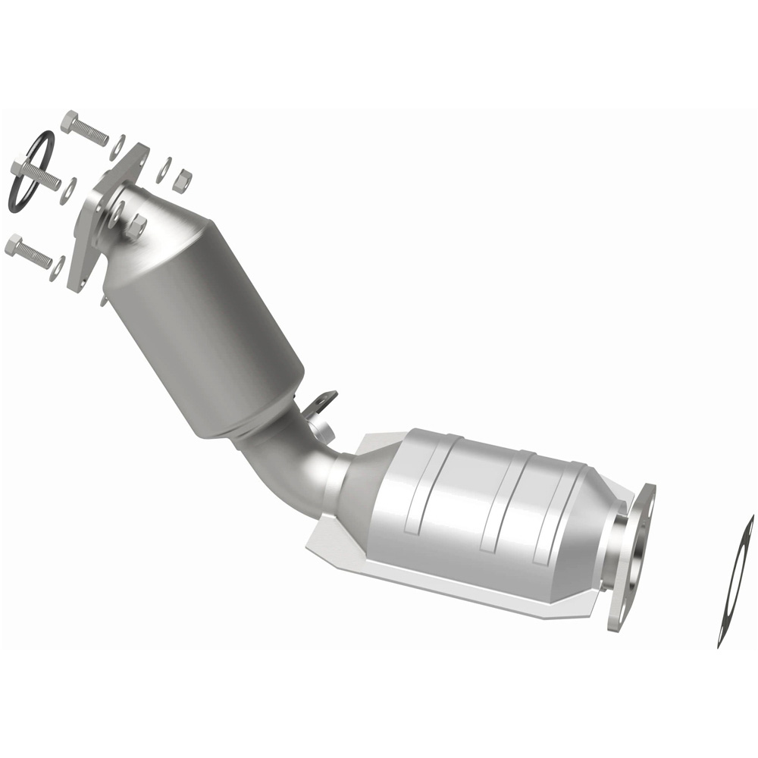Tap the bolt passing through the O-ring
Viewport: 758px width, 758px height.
[38, 175]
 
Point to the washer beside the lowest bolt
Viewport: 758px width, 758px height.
[56, 268]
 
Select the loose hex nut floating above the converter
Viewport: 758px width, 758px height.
[183, 180]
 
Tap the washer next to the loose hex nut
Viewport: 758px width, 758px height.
[164, 171]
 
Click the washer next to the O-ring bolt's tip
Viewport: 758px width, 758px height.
[68, 189]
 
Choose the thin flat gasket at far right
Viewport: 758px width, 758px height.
[735, 580]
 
